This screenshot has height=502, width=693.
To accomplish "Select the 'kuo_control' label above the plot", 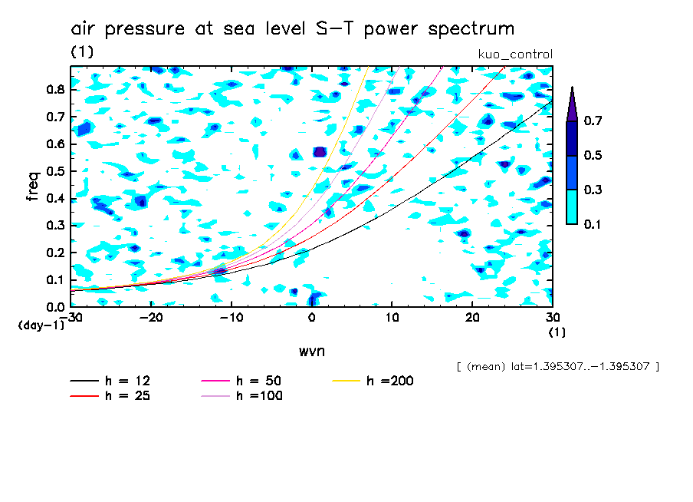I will pos(514,54).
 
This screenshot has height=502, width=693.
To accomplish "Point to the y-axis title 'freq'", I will pos(32,186).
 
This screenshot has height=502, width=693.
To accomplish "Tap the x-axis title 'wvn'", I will pos(311,351).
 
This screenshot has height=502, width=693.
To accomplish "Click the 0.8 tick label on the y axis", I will pos(55,89).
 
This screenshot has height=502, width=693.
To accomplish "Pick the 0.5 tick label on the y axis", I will pos(55,170).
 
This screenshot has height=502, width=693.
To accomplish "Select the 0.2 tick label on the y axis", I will pos(55,253).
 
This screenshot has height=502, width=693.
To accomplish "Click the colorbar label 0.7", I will pos(593,121).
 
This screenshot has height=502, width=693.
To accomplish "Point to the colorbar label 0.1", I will pos(593,224).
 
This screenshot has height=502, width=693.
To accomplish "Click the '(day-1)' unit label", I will pos(41,325).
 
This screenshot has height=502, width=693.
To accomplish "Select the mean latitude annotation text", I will pos(557,366).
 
